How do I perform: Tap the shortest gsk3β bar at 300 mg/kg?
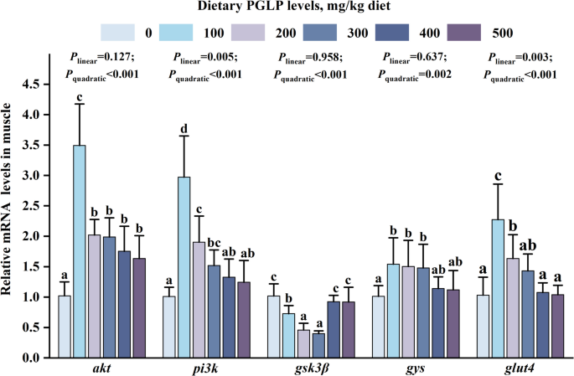[318, 346]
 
